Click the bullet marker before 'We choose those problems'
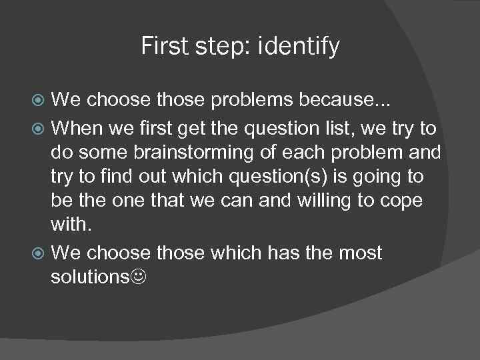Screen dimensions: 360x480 click(39, 101)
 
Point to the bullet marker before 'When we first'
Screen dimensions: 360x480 click(39, 126)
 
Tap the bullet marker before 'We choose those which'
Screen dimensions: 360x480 click(39, 253)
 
